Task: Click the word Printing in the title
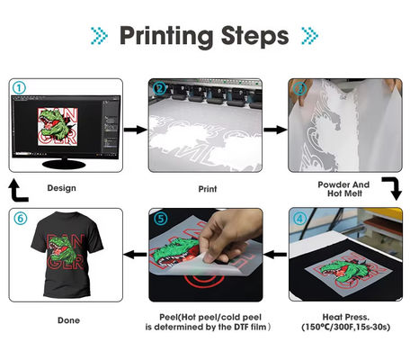coord(166,37)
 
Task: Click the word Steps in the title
coord(254,37)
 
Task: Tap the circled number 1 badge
coord(20,88)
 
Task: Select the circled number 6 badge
coord(21,218)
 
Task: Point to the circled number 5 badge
coord(161,219)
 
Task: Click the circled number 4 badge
coord(299,219)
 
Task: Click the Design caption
coord(61,188)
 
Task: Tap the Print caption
coord(208,189)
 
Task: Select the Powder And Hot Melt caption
coord(343,189)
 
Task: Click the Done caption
coord(68,320)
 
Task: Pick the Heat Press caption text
coord(346,322)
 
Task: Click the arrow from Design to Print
coord(136,130)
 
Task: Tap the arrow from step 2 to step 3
coord(275,130)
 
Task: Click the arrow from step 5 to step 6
coord(135,255)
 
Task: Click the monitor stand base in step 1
coord(64,164)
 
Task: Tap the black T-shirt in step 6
coord(67,254)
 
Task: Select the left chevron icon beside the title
coord(99,36)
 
